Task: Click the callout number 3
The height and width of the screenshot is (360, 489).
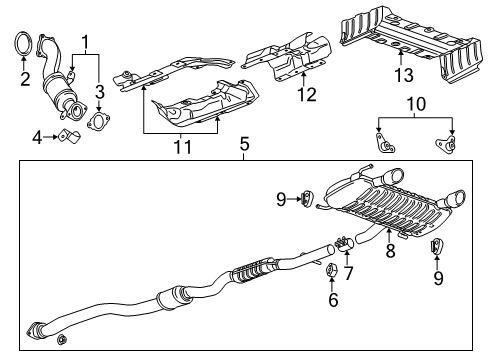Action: pyautogui.click(x=100, y=92)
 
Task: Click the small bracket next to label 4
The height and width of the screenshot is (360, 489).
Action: pyautogui.click(x=65, y=135)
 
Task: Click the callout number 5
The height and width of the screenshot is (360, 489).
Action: pyautogui.click(x=243, y=145)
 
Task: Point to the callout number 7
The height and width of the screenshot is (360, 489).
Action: pyautogui.click(x=348, y=272)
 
